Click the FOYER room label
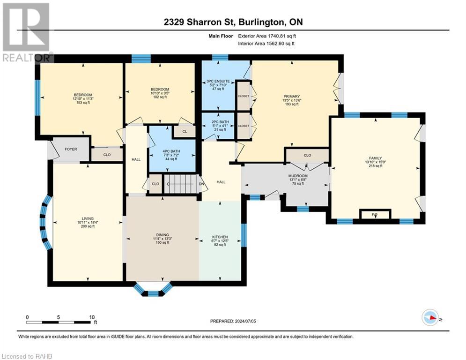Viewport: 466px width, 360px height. click(71, 149)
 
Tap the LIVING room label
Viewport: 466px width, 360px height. click(88, 218)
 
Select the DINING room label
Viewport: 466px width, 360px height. click(162, 235)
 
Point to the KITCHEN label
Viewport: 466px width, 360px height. click(220, 237)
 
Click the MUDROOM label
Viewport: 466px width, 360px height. click(298, 176)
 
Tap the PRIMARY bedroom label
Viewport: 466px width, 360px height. click(292, 97)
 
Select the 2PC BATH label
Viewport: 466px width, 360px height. click(220, 122)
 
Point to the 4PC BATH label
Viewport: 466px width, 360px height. click(171, 151)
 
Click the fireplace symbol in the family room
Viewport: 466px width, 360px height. click(375, 214)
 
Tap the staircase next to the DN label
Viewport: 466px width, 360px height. click(181, 184)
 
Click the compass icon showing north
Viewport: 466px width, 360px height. click(430, 318)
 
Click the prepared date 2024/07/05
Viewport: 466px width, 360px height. click(233, 321)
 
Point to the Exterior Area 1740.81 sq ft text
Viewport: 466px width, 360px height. click(267, 36)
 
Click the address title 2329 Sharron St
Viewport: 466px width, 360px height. click(200, 22)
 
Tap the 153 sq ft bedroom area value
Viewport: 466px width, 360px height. click(83, 103)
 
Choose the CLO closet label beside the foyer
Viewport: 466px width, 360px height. click(107, 155)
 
